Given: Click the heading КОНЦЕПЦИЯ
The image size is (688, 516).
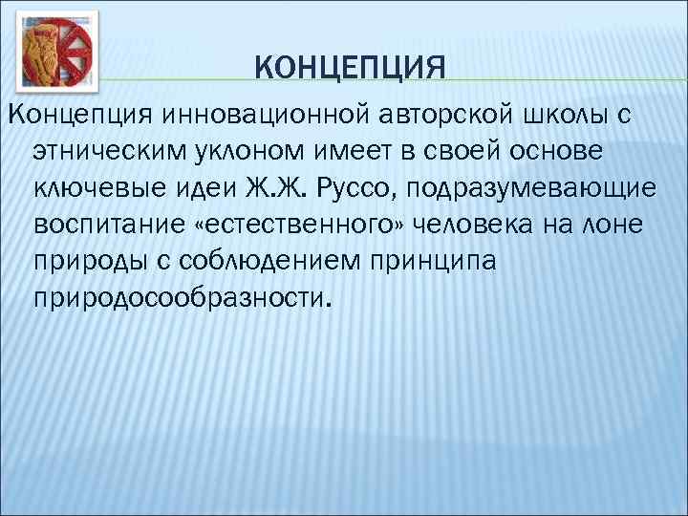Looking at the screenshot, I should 351,68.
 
